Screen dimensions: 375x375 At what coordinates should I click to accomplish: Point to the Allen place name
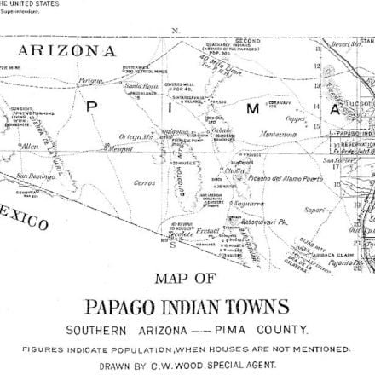[x=31, y=147]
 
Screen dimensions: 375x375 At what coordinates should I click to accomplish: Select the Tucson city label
[x=352, y=118]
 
